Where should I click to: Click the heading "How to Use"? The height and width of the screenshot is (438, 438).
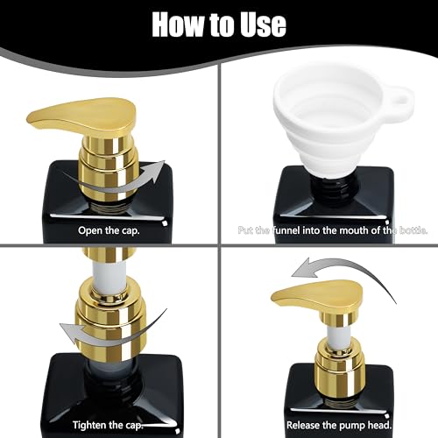[x=218, y=24]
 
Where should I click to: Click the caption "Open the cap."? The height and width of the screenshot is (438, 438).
[x=107, y=231]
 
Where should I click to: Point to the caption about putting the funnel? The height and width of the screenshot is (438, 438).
[x=331, y=231]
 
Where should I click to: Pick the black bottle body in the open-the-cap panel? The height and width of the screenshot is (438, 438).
[x=109, y=197]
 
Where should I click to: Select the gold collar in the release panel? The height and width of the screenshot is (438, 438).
[x=334, y=368]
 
